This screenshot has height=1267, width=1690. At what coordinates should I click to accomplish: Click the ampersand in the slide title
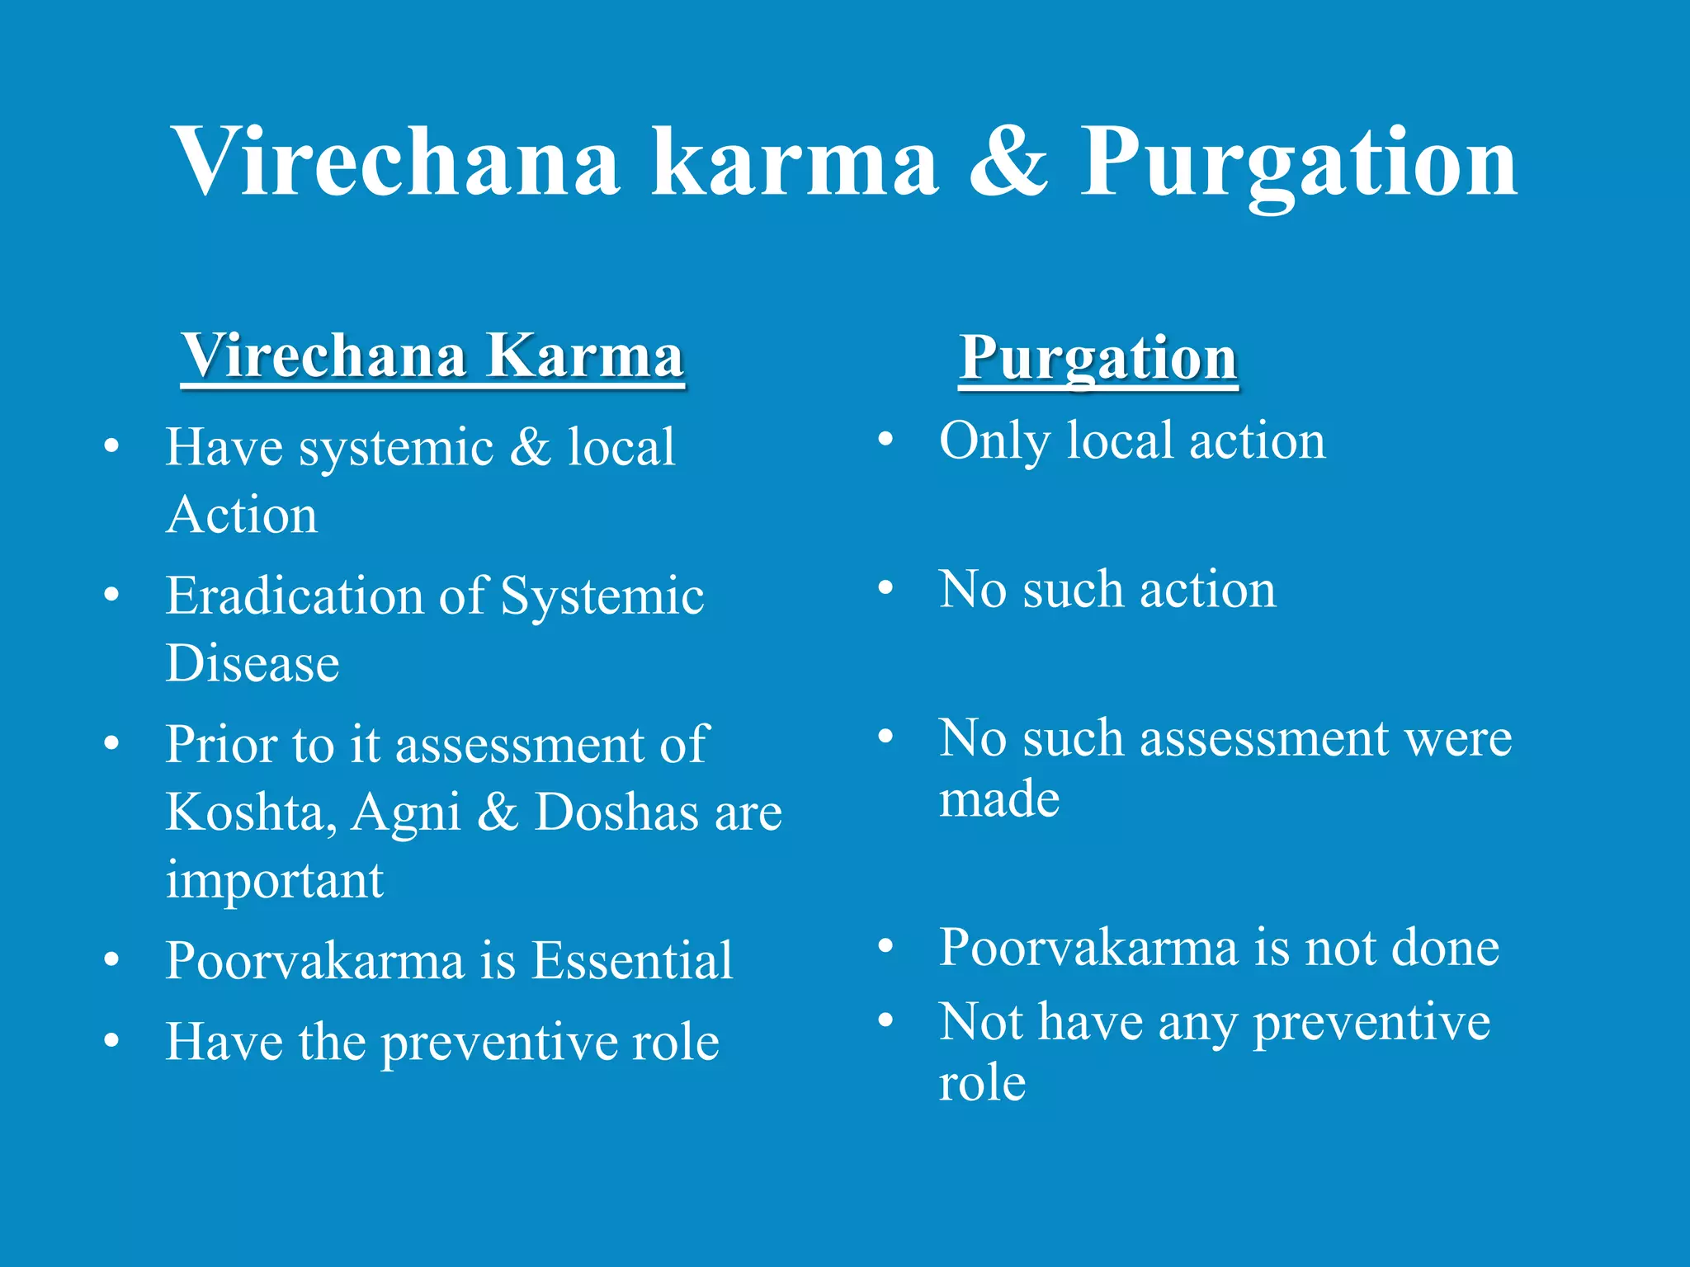(1008, 162)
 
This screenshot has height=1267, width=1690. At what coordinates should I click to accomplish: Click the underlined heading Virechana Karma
(433, 356)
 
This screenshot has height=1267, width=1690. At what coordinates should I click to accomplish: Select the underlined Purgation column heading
(1098, 359)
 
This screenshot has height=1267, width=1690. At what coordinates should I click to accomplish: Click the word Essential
(631, 960)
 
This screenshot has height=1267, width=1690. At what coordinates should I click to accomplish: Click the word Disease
(253, 663)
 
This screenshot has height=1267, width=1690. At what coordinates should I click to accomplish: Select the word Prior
(221, 744)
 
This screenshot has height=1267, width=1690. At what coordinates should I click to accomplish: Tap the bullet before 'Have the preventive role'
(111, 1041)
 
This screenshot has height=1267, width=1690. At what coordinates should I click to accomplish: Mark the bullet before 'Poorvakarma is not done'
(885, 947)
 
